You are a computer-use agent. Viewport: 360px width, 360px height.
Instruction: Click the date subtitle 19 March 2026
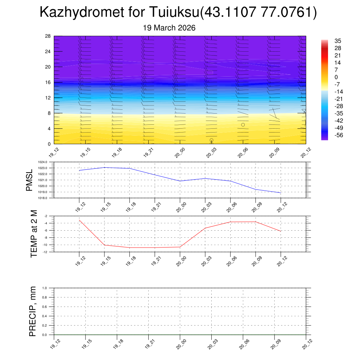pos(169,28)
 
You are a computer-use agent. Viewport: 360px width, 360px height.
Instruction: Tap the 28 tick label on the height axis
pos(48,36)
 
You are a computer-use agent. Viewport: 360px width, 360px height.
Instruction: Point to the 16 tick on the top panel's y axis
pos(48,82)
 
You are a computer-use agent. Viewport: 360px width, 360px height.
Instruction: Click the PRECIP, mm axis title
pos(33,311)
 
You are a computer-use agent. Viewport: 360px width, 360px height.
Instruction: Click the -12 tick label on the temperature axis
pos(46,252)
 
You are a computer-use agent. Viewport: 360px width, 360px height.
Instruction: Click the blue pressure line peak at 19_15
pos(104,167)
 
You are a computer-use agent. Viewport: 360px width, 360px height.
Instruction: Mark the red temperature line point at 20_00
pos(180,247)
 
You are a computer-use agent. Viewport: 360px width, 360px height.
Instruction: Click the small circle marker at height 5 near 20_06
pos(243,125)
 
